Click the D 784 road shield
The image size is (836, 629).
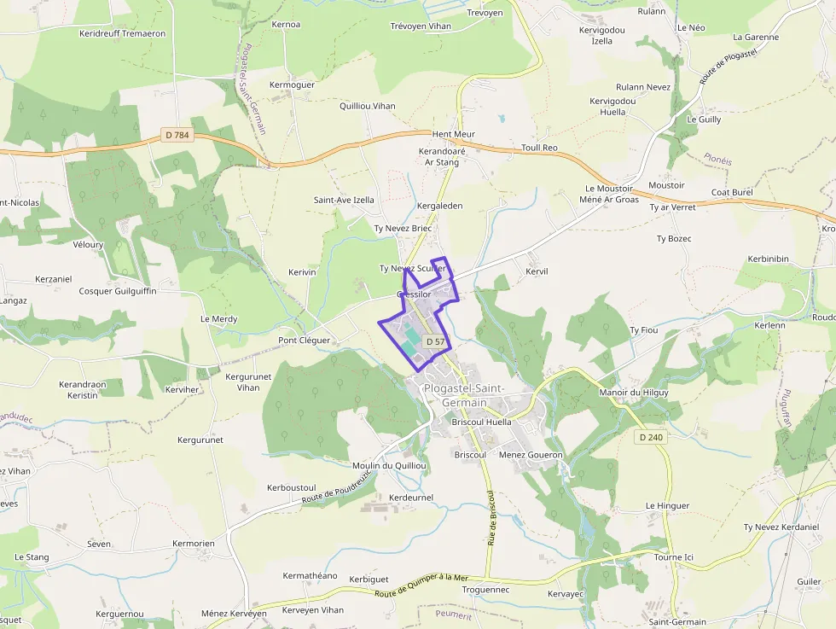(x=177, y=135)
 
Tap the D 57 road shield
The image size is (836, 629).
(x=435, y=341)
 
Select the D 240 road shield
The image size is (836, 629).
(x=650, y=437)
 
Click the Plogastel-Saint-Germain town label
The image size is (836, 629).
(x=464, y=395)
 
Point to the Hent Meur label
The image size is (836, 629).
(x=453, y=134)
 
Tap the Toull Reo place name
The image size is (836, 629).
(x=539, y=148)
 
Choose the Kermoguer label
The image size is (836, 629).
(x=292, y=84)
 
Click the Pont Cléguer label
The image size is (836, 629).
(x=304, y=340)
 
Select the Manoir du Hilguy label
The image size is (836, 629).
(x=634, y=392)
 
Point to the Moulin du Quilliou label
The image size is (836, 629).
(x=390, y=465)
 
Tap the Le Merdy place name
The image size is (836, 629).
(x=219, y=318)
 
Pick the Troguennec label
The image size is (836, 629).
(x=485, y=589)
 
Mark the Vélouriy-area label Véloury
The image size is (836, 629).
(x=88, y=244)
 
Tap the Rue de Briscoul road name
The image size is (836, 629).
(x=491, y=517)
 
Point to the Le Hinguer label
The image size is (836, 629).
(x=667, y=505)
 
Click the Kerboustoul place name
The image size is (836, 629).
(x=292, y=487)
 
